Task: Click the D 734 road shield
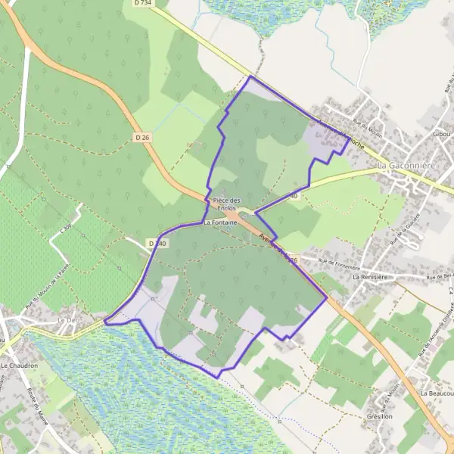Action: tap(141, 3)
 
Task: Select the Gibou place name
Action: tap(442, 134)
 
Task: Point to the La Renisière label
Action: tap(370, 278)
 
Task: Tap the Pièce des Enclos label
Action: tap(225, 204)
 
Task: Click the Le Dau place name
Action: tap(68, 321)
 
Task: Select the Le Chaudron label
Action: tap(20, 365)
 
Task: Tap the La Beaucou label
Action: tap(440, 394)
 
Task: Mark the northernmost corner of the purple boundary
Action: tap(250, 76)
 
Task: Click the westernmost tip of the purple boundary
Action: tap(104, 322)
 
